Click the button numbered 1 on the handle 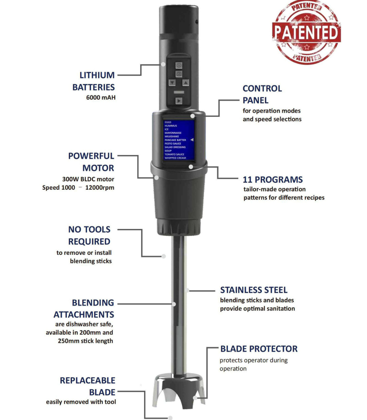pos(179,65)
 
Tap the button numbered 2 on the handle pos(179,74)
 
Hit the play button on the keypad pos(179,101)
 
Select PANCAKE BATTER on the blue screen pos(175,140)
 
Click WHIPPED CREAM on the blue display pos(175,158)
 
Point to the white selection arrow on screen pos(192,140)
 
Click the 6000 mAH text pos(101,97)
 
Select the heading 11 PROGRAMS pos(273,180)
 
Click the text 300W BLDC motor pos(88,179)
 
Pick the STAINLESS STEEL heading pos(254,290)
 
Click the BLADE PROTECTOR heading pos(259,349)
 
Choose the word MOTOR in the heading pos(98,168)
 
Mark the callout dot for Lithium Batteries pos(163,64)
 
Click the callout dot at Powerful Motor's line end pos(156,177)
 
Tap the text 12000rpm pos(100,188)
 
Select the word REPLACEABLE pos(87,380)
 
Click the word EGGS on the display pos(168,122)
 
